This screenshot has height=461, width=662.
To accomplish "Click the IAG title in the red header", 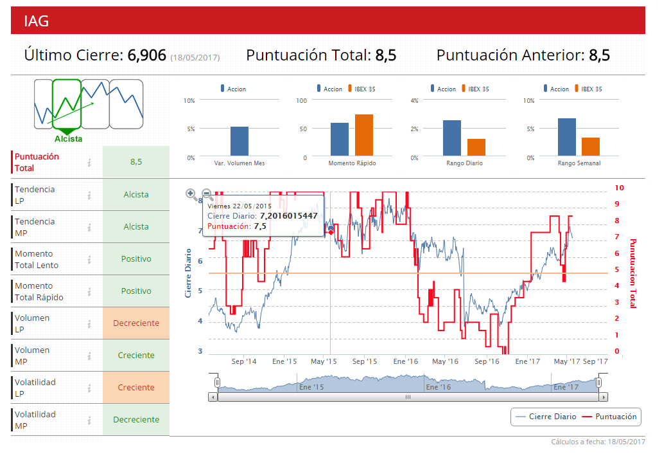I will tap(37, 21).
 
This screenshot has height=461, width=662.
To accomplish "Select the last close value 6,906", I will tap(147, 55).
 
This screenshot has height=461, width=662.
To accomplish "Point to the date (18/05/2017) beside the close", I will tap(195, 58).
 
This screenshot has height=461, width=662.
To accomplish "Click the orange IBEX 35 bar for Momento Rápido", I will tap(363, 135).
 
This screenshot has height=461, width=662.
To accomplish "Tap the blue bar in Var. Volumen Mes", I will tap(240, 141).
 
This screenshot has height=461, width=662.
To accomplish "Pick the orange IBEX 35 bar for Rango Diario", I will tap(476, 147).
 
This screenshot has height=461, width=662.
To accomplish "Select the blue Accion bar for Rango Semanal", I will tap(567, 137).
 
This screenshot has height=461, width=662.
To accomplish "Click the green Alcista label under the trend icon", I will tap(68, 138).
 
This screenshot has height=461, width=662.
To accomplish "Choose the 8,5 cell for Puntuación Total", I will tap(136, 162).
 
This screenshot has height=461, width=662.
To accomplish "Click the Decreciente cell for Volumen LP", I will tap(136, 323).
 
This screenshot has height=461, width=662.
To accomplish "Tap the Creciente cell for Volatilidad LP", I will tap(136, 388).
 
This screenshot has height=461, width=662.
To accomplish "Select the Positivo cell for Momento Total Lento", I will tap(136, 259).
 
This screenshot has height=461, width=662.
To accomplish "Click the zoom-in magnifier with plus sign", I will tap(191, 194).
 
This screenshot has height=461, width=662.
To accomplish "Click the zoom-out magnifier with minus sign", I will tap(207, 194).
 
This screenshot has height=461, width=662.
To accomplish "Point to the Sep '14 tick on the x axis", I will tap(243, 362).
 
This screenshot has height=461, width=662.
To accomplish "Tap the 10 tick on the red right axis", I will tap(619, 188).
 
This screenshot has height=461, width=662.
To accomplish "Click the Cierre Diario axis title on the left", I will tap(189, 273).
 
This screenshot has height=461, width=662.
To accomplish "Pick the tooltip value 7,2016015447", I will tap(288, 215).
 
